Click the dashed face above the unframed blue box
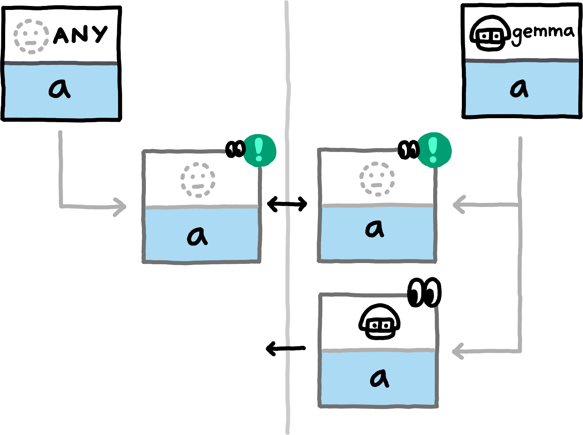(31, 37)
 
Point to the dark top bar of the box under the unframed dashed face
(61, 63)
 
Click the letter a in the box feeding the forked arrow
(519, 88)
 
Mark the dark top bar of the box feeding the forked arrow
(522, 61)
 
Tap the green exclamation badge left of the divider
(259, 150)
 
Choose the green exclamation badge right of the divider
(434, 150)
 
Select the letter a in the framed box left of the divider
(198, 235)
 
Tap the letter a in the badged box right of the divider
(375, 228)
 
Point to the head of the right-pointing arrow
(121, 207)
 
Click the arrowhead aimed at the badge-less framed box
(457, 351)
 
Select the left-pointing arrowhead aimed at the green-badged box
(458, 205)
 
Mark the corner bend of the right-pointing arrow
(61, 206)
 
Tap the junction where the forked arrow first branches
(520, 205)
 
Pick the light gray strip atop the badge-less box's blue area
(378, 351)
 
